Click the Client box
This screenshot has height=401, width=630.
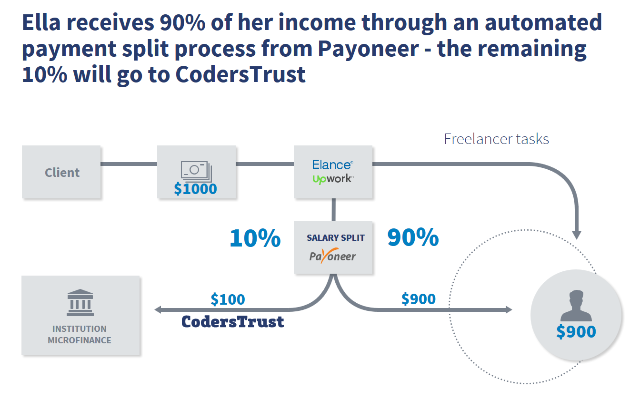61,172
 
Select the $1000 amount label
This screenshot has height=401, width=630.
195,189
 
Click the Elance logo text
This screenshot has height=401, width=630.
332,165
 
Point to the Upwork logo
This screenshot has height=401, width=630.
332,179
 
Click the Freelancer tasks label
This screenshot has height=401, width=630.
496,139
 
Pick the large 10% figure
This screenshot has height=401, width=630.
255,237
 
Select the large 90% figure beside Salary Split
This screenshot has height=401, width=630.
413,237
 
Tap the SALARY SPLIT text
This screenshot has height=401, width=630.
336,237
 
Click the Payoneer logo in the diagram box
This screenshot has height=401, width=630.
332,257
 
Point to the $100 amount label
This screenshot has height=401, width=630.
228,299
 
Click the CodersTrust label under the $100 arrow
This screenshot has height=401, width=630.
232,322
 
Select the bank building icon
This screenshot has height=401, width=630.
80,302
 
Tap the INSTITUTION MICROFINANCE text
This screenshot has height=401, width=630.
80,334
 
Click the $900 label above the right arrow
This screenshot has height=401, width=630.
418,299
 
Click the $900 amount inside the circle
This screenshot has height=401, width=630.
576,331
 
